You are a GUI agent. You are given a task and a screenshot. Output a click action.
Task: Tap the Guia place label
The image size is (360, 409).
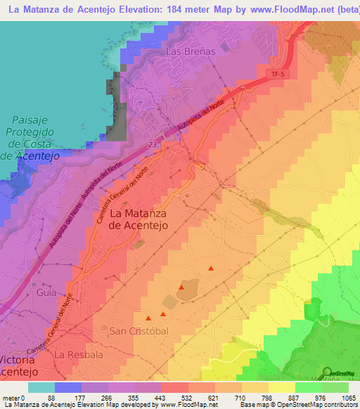pos(46,291)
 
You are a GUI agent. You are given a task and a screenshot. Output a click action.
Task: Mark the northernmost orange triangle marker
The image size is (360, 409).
pos(211,267)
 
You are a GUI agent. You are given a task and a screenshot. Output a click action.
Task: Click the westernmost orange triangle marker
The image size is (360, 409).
pos(148,317)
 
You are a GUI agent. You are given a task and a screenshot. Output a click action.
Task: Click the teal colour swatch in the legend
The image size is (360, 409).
pos(41,387)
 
